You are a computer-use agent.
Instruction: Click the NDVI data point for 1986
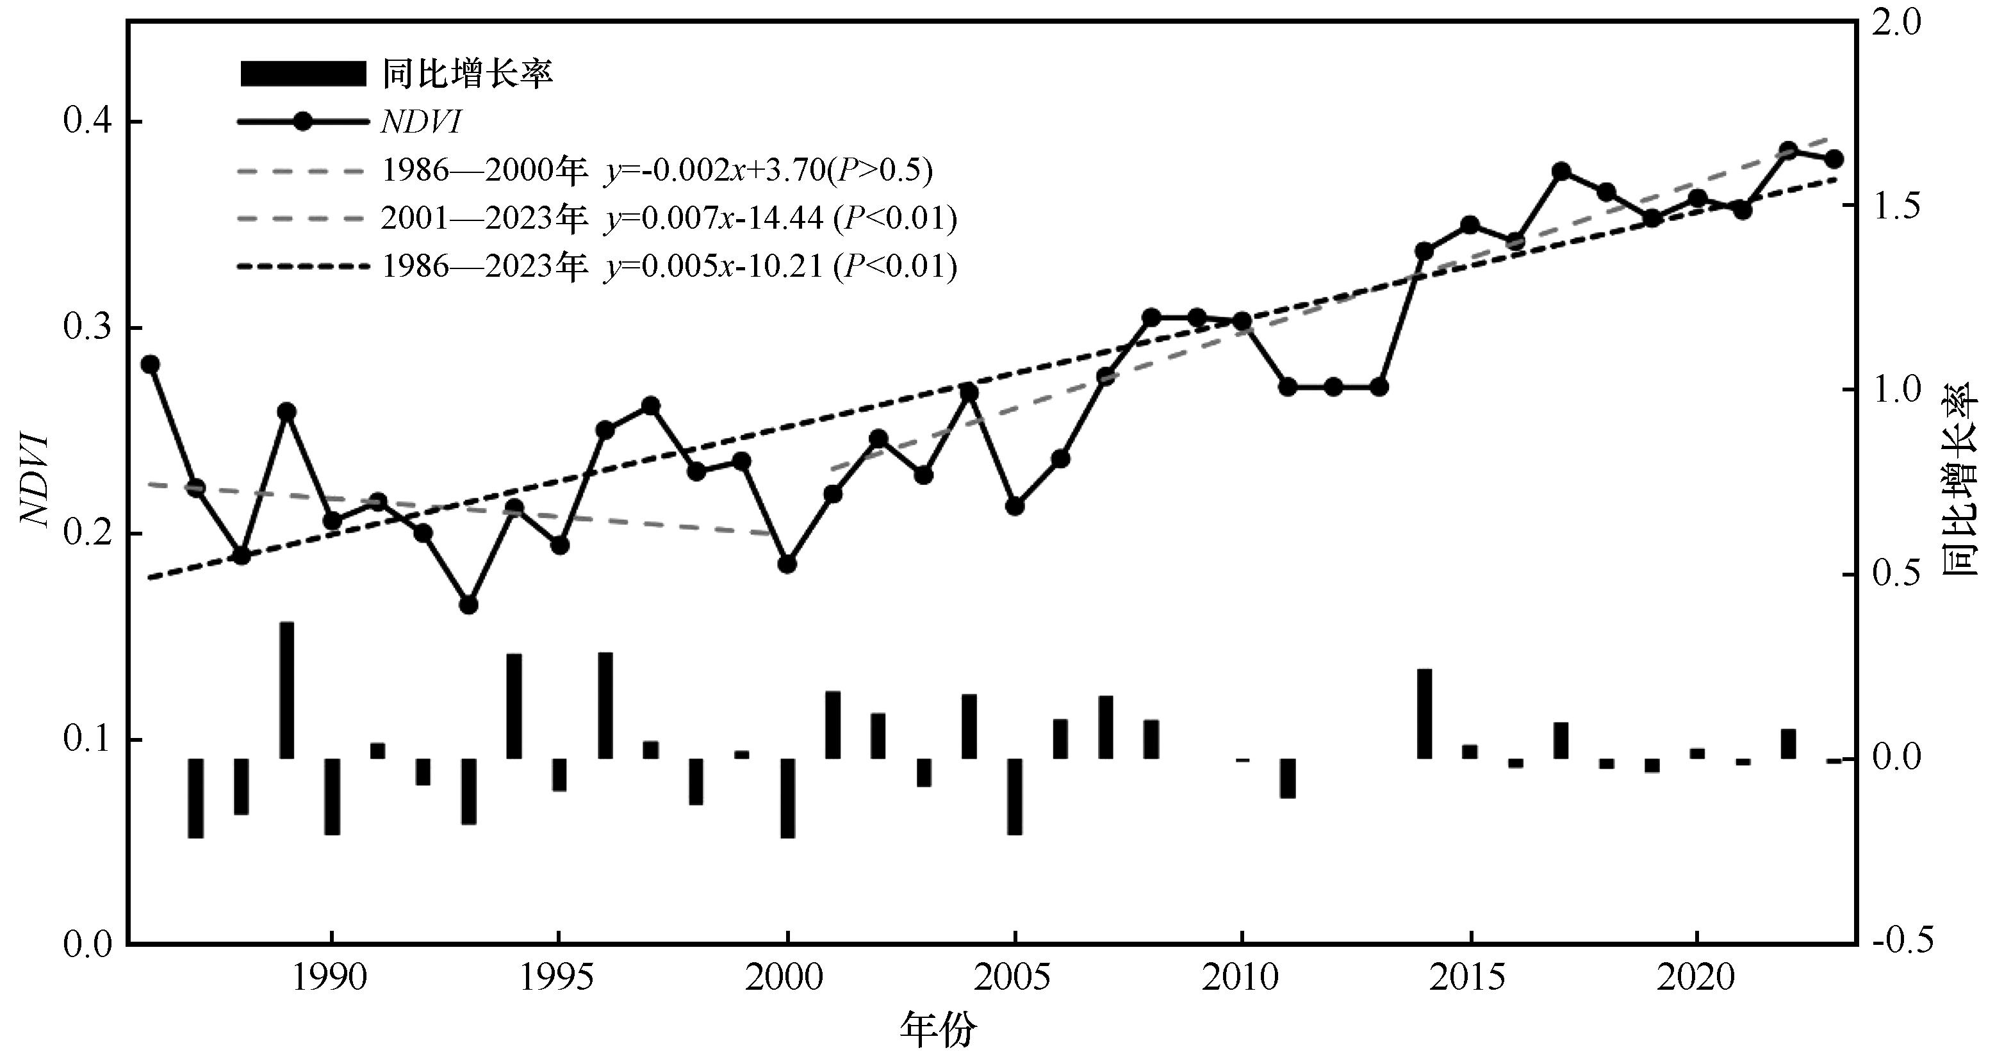tap(151, 365)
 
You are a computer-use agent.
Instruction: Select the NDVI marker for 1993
tap(468, 605)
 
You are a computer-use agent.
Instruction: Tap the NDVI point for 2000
tap(787, 564)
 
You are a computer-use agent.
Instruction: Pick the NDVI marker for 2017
tap(1561, 171)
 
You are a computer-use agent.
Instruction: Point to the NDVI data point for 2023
tap(1834, 160)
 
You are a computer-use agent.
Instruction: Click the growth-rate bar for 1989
tap(286, 690)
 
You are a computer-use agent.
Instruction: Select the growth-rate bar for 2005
tap(1015, 796)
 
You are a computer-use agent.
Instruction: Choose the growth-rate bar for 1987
tap(196, 798)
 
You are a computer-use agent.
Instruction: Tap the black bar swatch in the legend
tap(303, 74)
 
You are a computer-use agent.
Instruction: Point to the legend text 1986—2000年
tap(484, 170)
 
